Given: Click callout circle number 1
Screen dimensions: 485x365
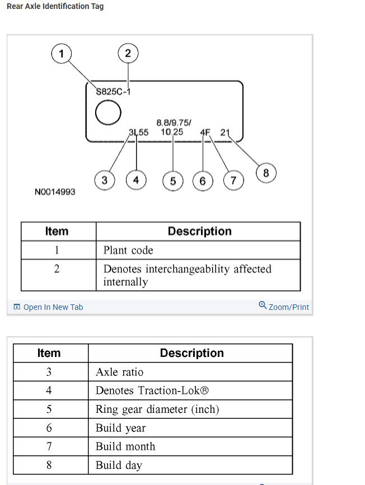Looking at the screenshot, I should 62,54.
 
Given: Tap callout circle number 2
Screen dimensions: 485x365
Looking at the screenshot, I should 128,54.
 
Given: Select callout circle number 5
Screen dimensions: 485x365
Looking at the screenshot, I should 172,181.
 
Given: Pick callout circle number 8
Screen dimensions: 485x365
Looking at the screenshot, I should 266,173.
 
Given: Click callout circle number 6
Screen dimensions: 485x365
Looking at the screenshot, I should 203,181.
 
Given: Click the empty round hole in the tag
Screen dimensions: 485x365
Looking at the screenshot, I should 108,112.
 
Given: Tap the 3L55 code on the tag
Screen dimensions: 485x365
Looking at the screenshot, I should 138,133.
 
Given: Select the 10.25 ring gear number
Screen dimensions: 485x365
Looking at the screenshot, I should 171,132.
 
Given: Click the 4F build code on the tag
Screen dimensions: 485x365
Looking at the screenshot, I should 205,133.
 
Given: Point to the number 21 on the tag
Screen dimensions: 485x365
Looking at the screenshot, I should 225,133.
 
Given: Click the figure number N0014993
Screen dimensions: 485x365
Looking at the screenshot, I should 55,192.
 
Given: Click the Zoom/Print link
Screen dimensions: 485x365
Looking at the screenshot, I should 284,307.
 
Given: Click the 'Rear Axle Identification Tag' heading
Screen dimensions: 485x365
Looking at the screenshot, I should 55,6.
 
